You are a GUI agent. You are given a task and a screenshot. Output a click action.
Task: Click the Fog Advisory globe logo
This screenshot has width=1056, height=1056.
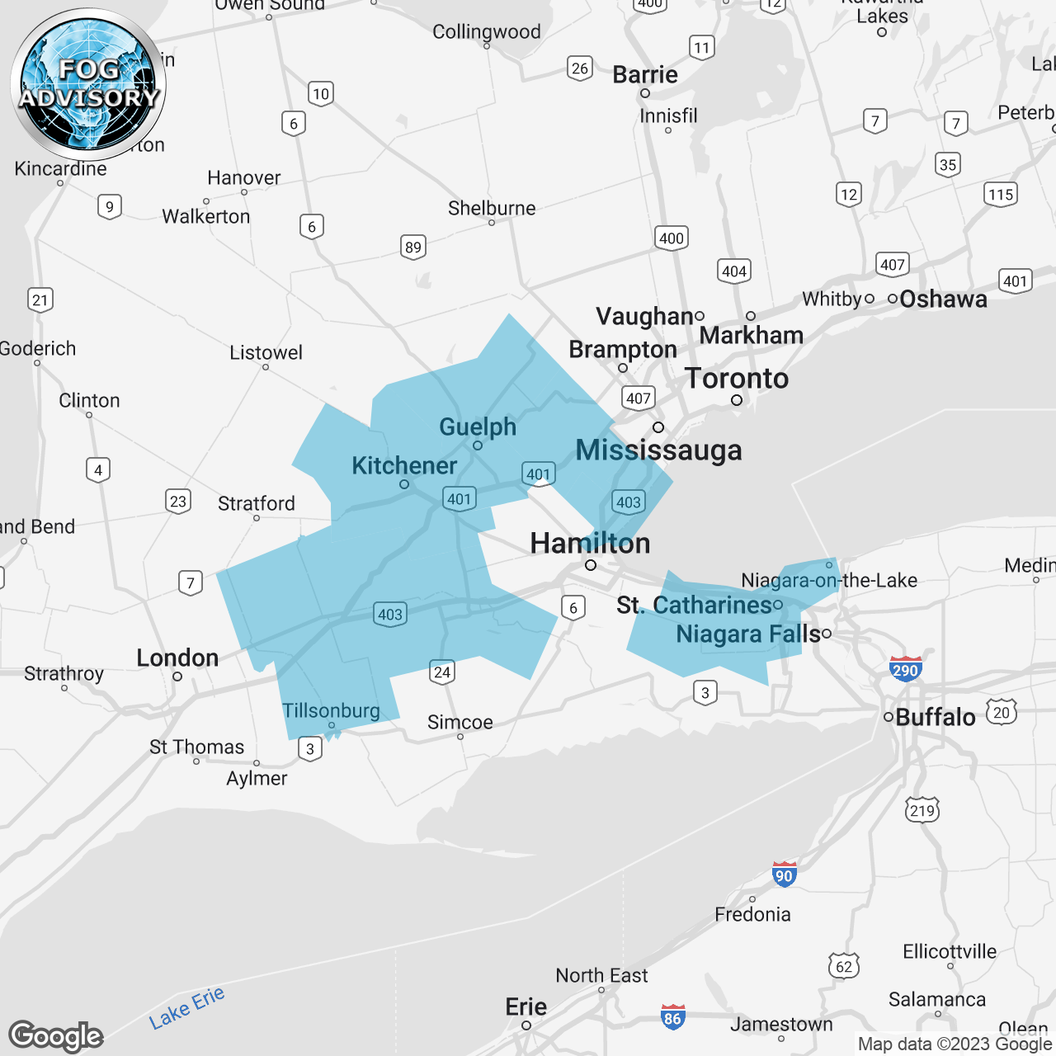point(88,84)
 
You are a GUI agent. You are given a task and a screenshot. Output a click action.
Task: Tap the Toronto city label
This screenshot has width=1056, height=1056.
point(737,379)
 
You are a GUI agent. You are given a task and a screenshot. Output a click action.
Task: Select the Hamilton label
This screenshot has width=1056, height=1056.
point(590,543)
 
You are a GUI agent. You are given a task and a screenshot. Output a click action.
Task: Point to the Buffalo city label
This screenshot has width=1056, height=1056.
point(935,717)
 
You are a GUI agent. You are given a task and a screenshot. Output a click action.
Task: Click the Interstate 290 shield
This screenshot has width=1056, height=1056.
point(905,669)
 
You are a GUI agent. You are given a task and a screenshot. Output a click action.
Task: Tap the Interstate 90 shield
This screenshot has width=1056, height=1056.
point(784,874)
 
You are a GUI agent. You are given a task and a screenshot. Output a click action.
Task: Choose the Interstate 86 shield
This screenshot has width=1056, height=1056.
point(672,1017)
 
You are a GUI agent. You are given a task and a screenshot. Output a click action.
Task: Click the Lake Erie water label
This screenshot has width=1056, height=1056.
point(186,1008)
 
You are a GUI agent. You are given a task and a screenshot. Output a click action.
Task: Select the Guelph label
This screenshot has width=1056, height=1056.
point(478,427)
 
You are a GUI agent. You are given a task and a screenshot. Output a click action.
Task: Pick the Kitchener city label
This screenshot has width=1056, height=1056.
point(404,465)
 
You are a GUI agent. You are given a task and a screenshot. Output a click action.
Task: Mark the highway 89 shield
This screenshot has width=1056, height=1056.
point(413,247)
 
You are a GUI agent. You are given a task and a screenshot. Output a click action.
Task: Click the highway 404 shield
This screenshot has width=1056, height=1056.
point(733,271)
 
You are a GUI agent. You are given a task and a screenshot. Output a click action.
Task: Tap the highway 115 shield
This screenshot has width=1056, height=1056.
point(1001,195)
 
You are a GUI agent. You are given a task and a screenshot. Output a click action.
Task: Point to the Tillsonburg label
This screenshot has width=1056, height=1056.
point(331,710)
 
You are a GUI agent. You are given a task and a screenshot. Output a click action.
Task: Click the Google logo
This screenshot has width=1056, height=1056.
point(56,1036)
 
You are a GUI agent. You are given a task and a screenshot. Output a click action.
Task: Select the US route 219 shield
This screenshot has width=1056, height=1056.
point(922,810)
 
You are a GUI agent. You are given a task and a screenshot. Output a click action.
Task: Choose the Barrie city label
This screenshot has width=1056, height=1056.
point(645,74)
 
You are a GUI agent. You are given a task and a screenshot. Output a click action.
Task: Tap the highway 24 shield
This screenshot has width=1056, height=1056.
point(442,672)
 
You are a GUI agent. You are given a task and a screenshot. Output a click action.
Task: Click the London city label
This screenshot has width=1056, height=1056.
point(177,658)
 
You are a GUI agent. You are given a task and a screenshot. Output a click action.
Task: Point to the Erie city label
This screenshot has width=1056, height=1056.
point(526,1006)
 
